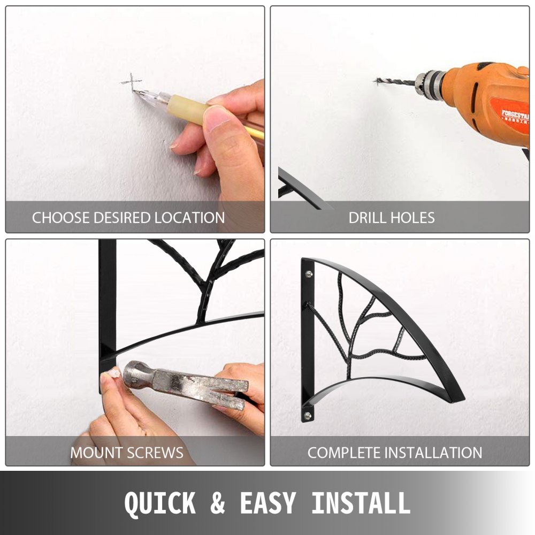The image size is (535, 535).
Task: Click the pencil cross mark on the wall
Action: pyautogui.click(x=132, y=82)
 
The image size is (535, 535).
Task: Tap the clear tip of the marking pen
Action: pyautogui.click(x=151, y=96)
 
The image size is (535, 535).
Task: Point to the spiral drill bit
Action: pyautogui.click(x=396, y=82)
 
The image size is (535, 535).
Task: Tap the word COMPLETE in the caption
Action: pyautogui.click(x=343, y=453)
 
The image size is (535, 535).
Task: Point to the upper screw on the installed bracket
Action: pyautogui.click(x=309, y=273)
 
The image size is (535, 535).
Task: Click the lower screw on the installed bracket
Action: pyautogui.click(x=308, y=415)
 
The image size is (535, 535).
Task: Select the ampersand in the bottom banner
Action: pyautogui.click(x=218, y=502)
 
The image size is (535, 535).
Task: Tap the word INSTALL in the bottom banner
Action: pyautogui.click(x=361, y=502)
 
